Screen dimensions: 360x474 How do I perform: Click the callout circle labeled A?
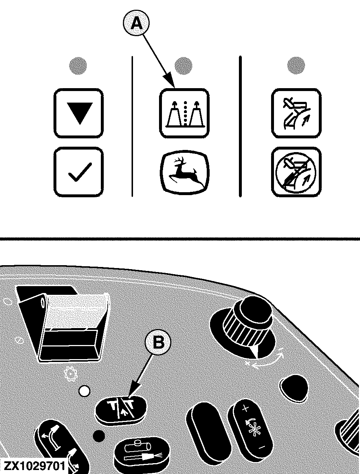pyautogui.click(x=136, y=23)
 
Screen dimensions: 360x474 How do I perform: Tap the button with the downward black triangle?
pyautogui.click(x=78, y=113)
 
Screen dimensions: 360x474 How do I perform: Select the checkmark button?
pyautogui.click(x=78, y=172)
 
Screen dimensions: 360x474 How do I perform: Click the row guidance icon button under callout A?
pyautogui.click(x=184, y=113)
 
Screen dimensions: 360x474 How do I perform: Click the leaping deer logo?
pyautogui.click(x=185, y=172)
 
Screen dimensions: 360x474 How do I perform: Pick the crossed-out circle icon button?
pyautogui.click(x=296, y=172)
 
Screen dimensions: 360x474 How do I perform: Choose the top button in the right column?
pyautogui.click(x=296, y=113)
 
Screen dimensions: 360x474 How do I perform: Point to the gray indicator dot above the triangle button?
pyautogui.click(x=78, y=66)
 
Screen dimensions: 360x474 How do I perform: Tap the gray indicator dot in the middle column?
pyautogui.click(x=183, y=66)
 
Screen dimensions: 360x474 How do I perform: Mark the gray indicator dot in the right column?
pyautogui.click(x=296, y=65)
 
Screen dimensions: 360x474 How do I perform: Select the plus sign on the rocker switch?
pyautogui.click(x=245, y=409)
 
